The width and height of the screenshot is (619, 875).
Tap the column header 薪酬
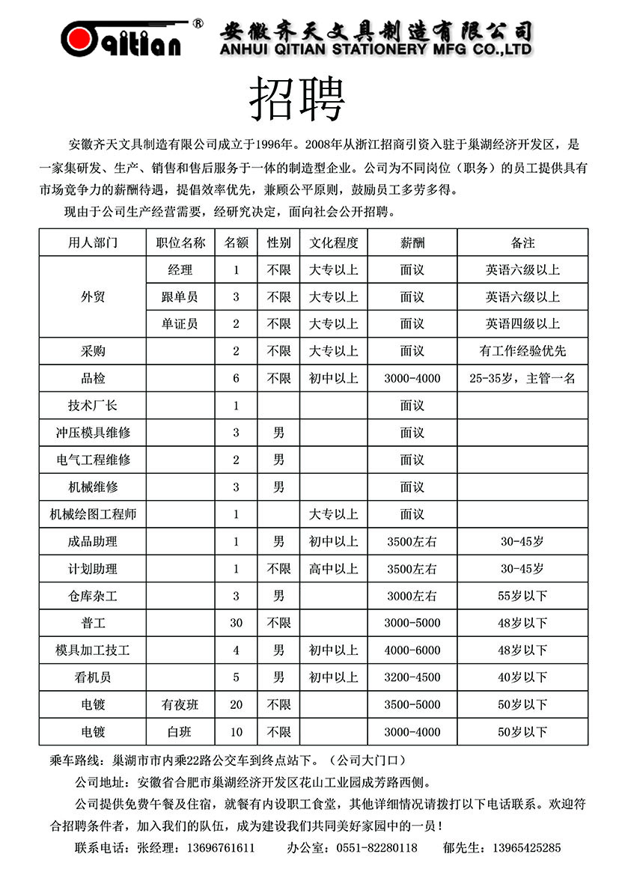[x=412, y=243]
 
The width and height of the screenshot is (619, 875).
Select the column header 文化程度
[x=334, y=243]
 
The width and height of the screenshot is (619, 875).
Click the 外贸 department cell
[x=93, y=296]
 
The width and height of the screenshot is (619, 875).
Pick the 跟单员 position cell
[x=180, y=296]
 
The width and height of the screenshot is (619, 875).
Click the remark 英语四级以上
[x=522, y=323]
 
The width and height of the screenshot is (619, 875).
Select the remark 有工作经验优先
[x=522, y=350]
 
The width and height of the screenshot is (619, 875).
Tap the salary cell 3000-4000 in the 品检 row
[x=412, y=378]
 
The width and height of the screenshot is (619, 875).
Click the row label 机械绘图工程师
[x=93, y=514]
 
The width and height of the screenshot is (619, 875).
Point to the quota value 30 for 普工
[x=237, y=623]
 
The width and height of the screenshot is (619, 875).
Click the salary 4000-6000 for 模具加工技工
[x=412, y=650]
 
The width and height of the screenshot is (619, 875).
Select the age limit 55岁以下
[x=522, y=596]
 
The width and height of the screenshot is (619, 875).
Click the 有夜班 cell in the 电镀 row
[x=180, y=704]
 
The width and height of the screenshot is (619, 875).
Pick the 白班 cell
[x=180, y=731]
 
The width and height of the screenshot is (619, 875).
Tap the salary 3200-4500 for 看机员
[x=412, y=677]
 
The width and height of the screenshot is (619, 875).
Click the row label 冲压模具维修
[x=93, y=433]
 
